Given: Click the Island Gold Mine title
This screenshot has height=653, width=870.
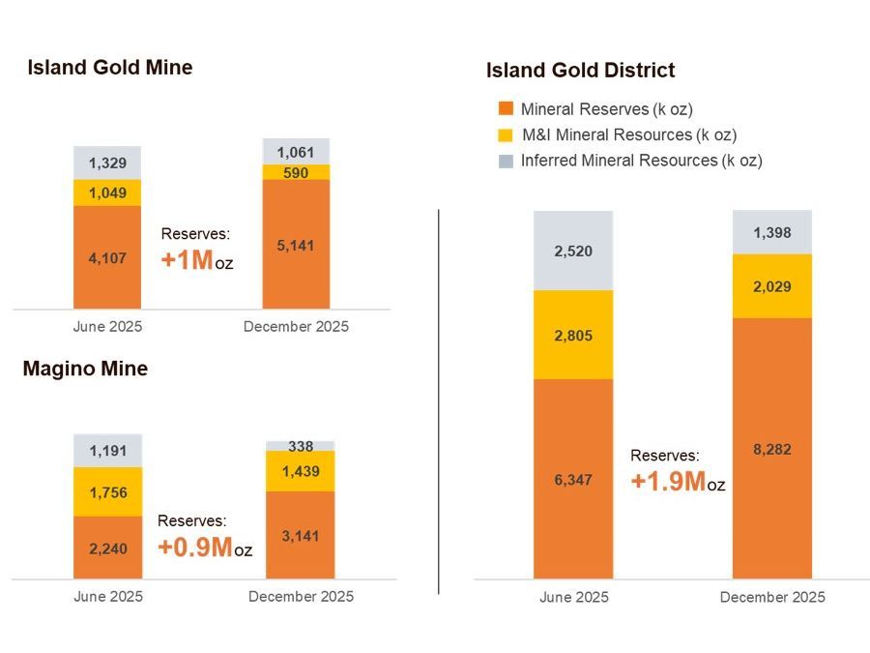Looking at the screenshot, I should (x=109, y=68).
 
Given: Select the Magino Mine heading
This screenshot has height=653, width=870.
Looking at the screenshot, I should (x=85, y=370).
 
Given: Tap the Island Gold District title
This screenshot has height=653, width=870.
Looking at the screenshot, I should (x=580, y=71).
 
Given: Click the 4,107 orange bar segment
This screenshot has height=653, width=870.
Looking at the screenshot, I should (x=107, y=257).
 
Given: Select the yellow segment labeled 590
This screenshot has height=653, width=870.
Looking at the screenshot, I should (x=296, y=172).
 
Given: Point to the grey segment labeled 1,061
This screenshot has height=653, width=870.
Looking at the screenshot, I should (x=296, y=152).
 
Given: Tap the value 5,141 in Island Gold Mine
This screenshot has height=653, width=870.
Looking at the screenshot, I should (x=296, y=246).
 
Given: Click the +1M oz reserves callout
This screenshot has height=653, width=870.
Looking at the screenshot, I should (x=196, y=250).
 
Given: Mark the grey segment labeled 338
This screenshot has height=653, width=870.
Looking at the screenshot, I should (x=301, y=446).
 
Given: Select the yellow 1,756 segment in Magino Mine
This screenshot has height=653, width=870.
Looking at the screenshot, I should (x=107, y=492).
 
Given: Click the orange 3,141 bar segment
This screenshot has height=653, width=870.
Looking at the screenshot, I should (x=301, y=535).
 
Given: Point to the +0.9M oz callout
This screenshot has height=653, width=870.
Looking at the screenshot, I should (x=204, y=537).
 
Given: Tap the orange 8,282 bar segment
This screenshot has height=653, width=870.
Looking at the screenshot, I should (x=771, y=449).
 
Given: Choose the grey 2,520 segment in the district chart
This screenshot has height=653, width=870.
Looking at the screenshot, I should (x=573, y=252).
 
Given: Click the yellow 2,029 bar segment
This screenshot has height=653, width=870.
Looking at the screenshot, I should (x=771, y=286).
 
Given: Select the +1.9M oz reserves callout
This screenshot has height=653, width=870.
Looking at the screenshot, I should (x=677, y=470).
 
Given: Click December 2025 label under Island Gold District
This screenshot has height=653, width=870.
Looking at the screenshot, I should (x=772, y=598).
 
